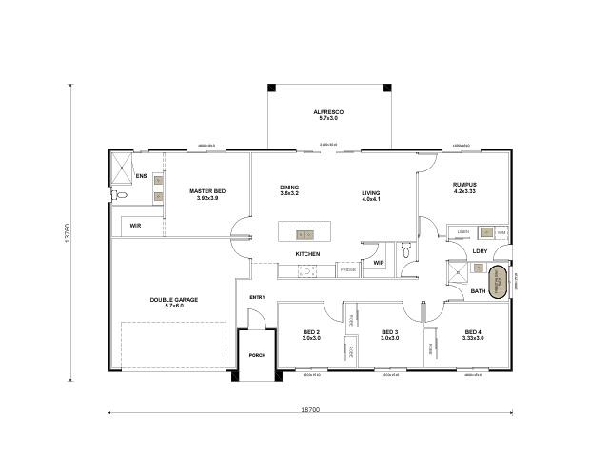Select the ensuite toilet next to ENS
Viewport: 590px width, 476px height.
118,195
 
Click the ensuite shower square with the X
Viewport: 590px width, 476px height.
121,169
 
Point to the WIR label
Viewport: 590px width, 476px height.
136,225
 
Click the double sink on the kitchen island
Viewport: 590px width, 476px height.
305,233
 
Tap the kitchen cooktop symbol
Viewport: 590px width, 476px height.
306,271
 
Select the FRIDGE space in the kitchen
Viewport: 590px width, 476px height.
348,271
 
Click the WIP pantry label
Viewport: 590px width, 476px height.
378,263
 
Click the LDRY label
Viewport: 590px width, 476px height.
480,251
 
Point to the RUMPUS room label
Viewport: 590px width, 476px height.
465,185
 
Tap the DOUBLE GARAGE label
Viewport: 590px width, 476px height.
174,300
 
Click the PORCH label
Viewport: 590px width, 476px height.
256,355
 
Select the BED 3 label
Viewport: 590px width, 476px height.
388,332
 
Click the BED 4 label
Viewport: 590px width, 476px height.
471,332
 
